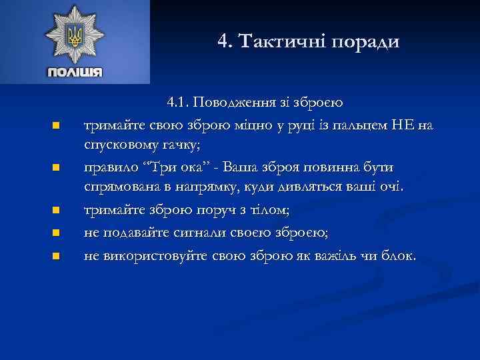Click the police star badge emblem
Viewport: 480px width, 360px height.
[x=74, y=35]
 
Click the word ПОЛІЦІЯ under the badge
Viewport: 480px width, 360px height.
[x=74, y=72]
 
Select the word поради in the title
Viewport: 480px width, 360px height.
[x=369, y=43]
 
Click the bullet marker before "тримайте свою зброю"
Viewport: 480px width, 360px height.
[x=57, y=125]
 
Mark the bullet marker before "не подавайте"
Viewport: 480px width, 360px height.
[x=57, y=233]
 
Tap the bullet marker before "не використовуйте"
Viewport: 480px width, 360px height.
[x=57, y=256]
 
